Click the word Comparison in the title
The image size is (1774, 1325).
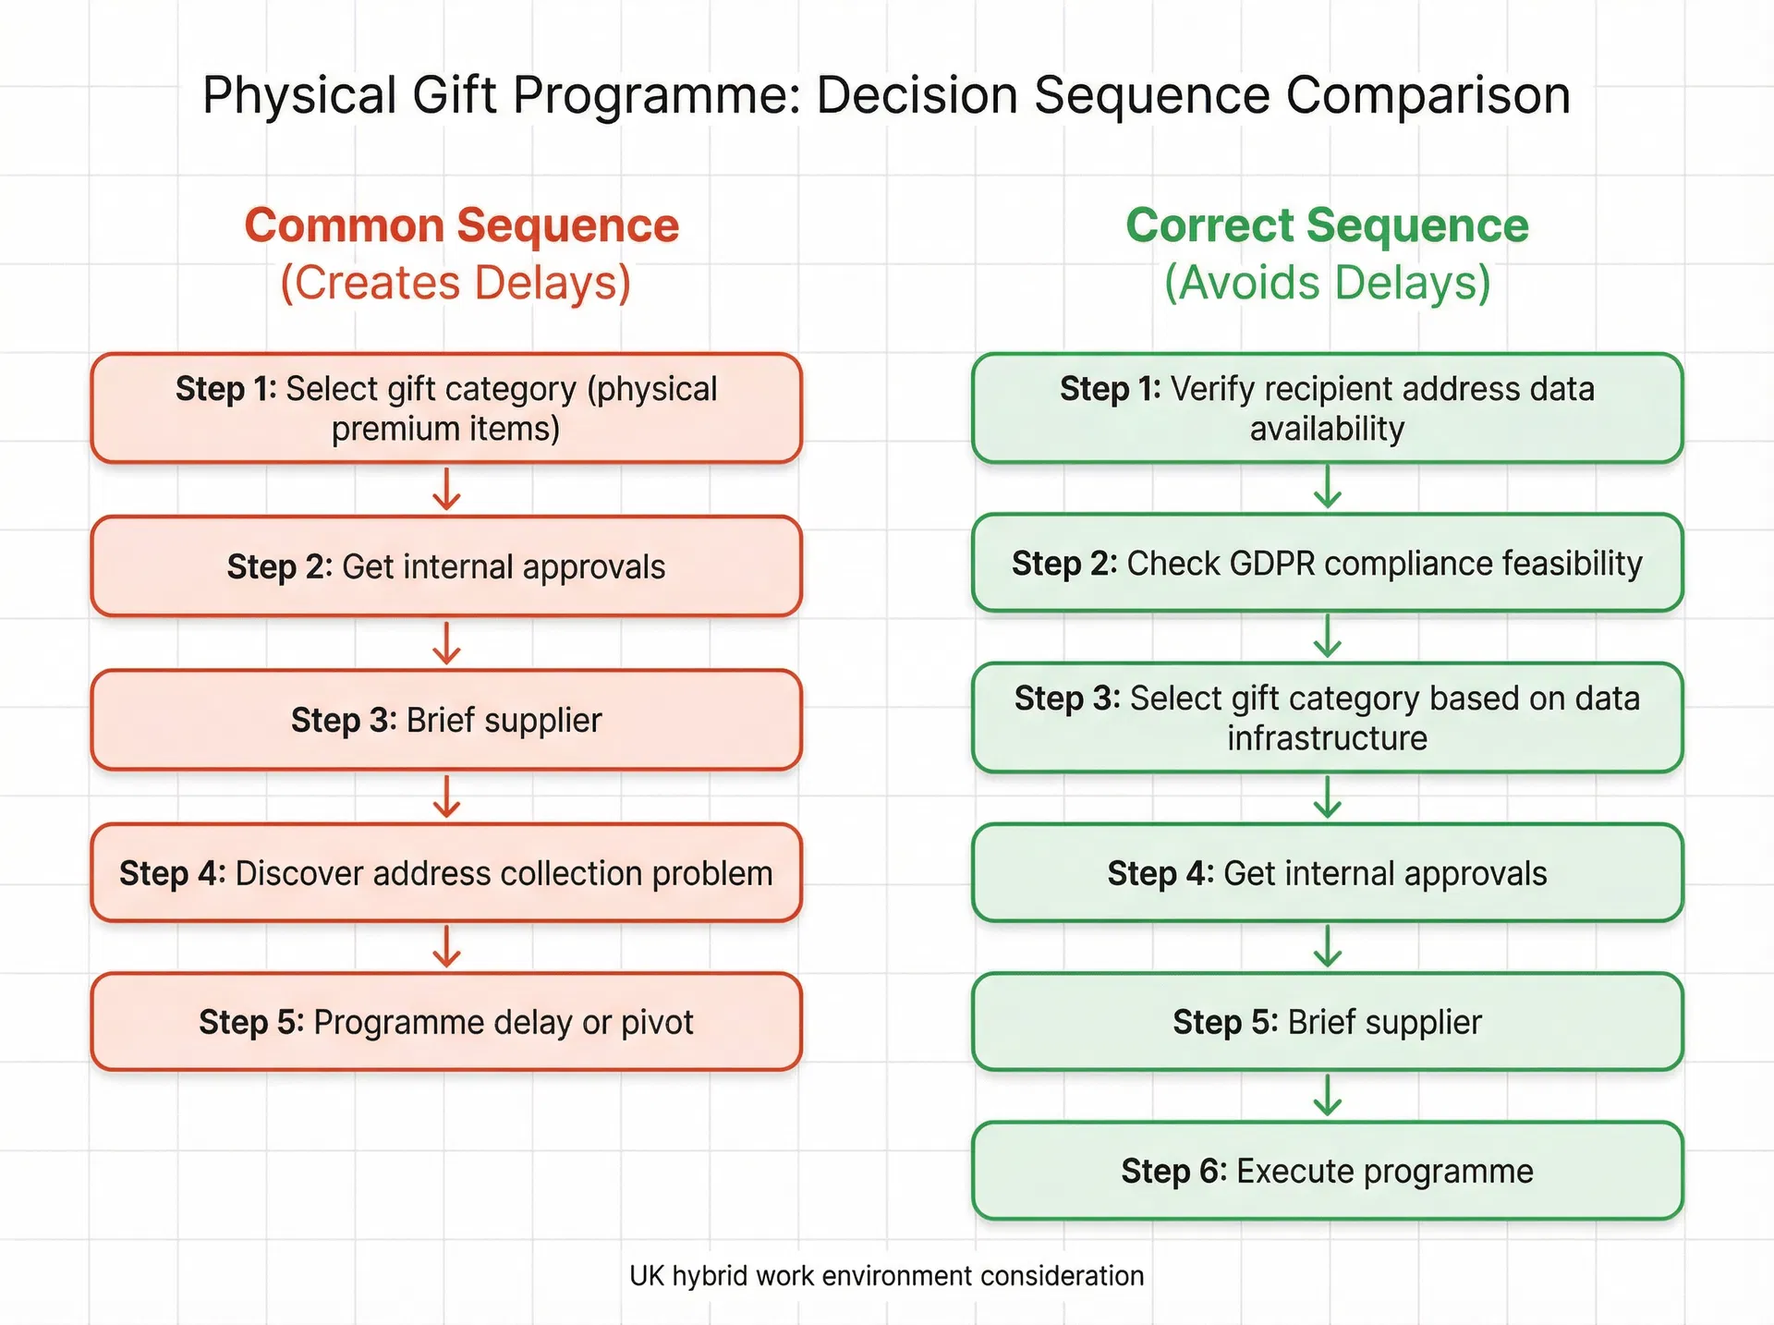point(1428,95)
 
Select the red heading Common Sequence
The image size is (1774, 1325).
point(461,225)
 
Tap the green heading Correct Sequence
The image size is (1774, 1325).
point(1327,225)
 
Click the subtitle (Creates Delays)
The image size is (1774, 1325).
point(456,283)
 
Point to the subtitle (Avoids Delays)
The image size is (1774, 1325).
point(1327,283)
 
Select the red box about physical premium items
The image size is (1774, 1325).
point(446,408)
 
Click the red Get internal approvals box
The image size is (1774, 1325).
point(446,566)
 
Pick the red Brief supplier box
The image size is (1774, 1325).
point(446,720)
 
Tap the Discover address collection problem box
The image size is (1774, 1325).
point(446,873)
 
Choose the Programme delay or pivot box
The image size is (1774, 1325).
point(446,1022)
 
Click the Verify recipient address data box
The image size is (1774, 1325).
point(1327,408)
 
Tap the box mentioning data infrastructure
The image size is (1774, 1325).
point(1327,718)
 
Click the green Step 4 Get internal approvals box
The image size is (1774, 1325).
point(1327,873)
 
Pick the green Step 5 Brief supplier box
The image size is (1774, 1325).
point(1327,1022)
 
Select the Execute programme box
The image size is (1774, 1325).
point(1327,1171)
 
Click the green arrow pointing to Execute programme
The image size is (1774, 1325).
point(1328,1096)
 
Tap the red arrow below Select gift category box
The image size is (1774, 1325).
point(446,489)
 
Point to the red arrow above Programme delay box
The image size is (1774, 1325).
point(446,946)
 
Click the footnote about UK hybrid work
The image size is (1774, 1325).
point(886,1276)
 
